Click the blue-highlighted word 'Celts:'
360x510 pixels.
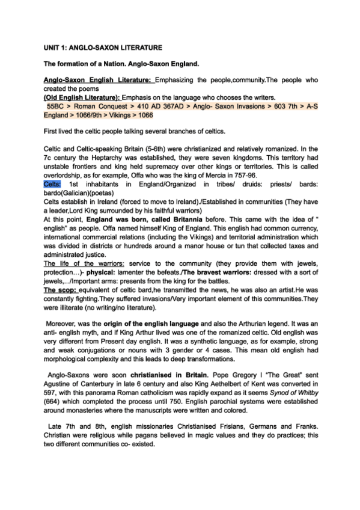click(x=53, y=183)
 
